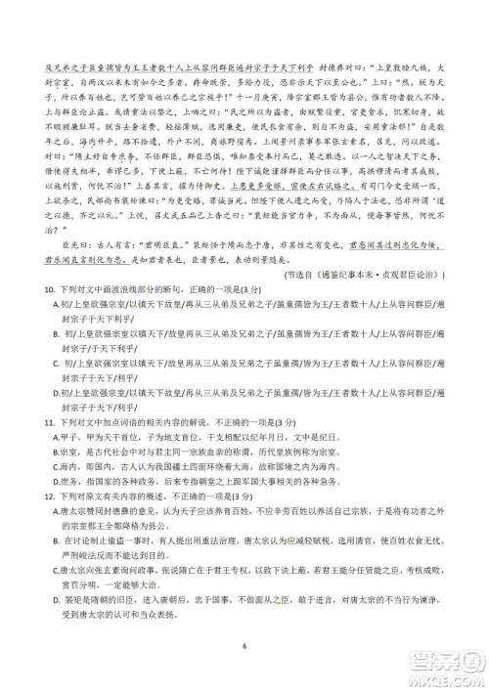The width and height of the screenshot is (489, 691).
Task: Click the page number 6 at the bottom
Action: [244, 647]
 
